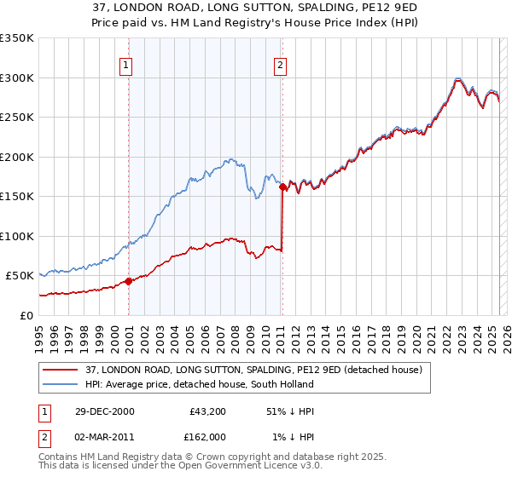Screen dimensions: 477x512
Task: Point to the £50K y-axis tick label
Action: click(19, 276)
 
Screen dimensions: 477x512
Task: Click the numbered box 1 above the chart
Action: click(126, 64)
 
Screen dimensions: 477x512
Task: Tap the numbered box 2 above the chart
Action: click(280, 64)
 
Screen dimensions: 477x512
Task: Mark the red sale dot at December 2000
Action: click(129, 281)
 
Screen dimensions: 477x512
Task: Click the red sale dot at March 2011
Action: click(282, 187)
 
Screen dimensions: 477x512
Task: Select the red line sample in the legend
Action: click(61, 371)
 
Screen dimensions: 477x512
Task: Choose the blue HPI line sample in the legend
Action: click(61, 385)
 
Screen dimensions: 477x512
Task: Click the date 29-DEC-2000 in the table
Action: click(104, 411)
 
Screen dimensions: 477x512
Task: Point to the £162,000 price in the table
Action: click(207, 437)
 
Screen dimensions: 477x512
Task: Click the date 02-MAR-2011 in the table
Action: click(104, 437)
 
